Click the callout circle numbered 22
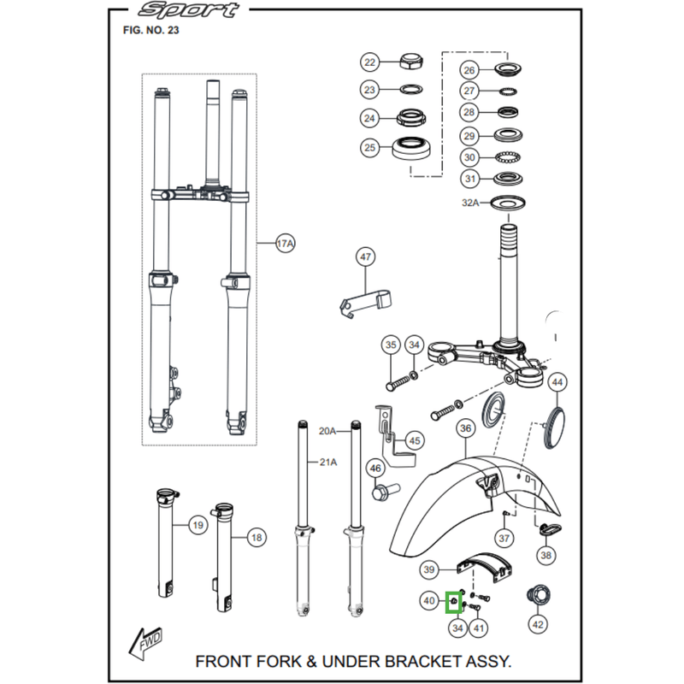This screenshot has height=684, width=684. [369, 62]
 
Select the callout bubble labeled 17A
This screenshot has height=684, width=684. [285, 244]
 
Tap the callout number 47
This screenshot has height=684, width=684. [365, 256]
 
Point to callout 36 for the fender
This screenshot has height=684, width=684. [465, 427]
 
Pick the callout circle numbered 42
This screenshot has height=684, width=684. [538, 624]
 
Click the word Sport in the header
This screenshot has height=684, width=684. [189, 11]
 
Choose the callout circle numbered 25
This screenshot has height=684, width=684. [369, 148]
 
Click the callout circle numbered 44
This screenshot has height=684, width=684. [557, 381]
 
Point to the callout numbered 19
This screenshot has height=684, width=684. [197, 524]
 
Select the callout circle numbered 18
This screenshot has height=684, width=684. [256, 538]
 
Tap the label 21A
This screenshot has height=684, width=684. [328, 463]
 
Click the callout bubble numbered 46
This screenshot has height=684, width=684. [374, 468]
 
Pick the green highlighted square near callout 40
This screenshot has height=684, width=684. [455, 604]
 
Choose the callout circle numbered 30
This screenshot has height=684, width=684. [469, 157]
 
